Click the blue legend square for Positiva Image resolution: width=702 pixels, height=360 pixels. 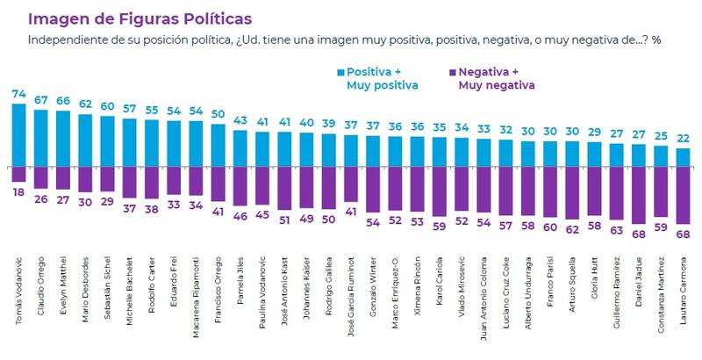340,71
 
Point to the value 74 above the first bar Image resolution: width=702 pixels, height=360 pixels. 18,92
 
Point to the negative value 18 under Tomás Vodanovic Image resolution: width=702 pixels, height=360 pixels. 18,190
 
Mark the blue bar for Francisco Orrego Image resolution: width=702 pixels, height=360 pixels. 218,145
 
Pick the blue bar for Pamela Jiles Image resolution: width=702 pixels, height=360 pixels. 240,148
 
